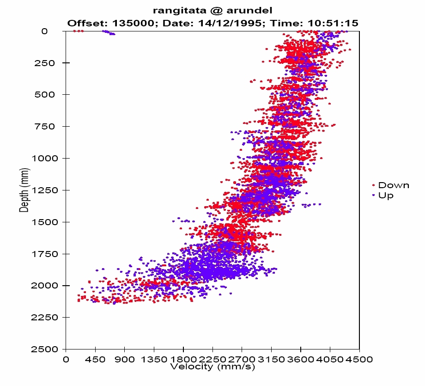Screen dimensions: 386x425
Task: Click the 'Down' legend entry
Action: click(393, 185)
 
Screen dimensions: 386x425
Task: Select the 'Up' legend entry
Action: click(386, 196)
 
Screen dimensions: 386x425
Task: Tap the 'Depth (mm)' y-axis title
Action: click(24, 190)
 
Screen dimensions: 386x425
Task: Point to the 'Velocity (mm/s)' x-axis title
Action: click(212, 367)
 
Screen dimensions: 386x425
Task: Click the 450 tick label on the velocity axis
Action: click(95, 359)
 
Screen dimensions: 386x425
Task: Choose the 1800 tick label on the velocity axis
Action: click(183, 359)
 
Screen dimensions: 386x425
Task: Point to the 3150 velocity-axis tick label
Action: click(271, 359)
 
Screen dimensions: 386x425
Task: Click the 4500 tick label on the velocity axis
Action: click(359, 359)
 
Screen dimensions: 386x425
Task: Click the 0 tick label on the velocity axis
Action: click(66, 359)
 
